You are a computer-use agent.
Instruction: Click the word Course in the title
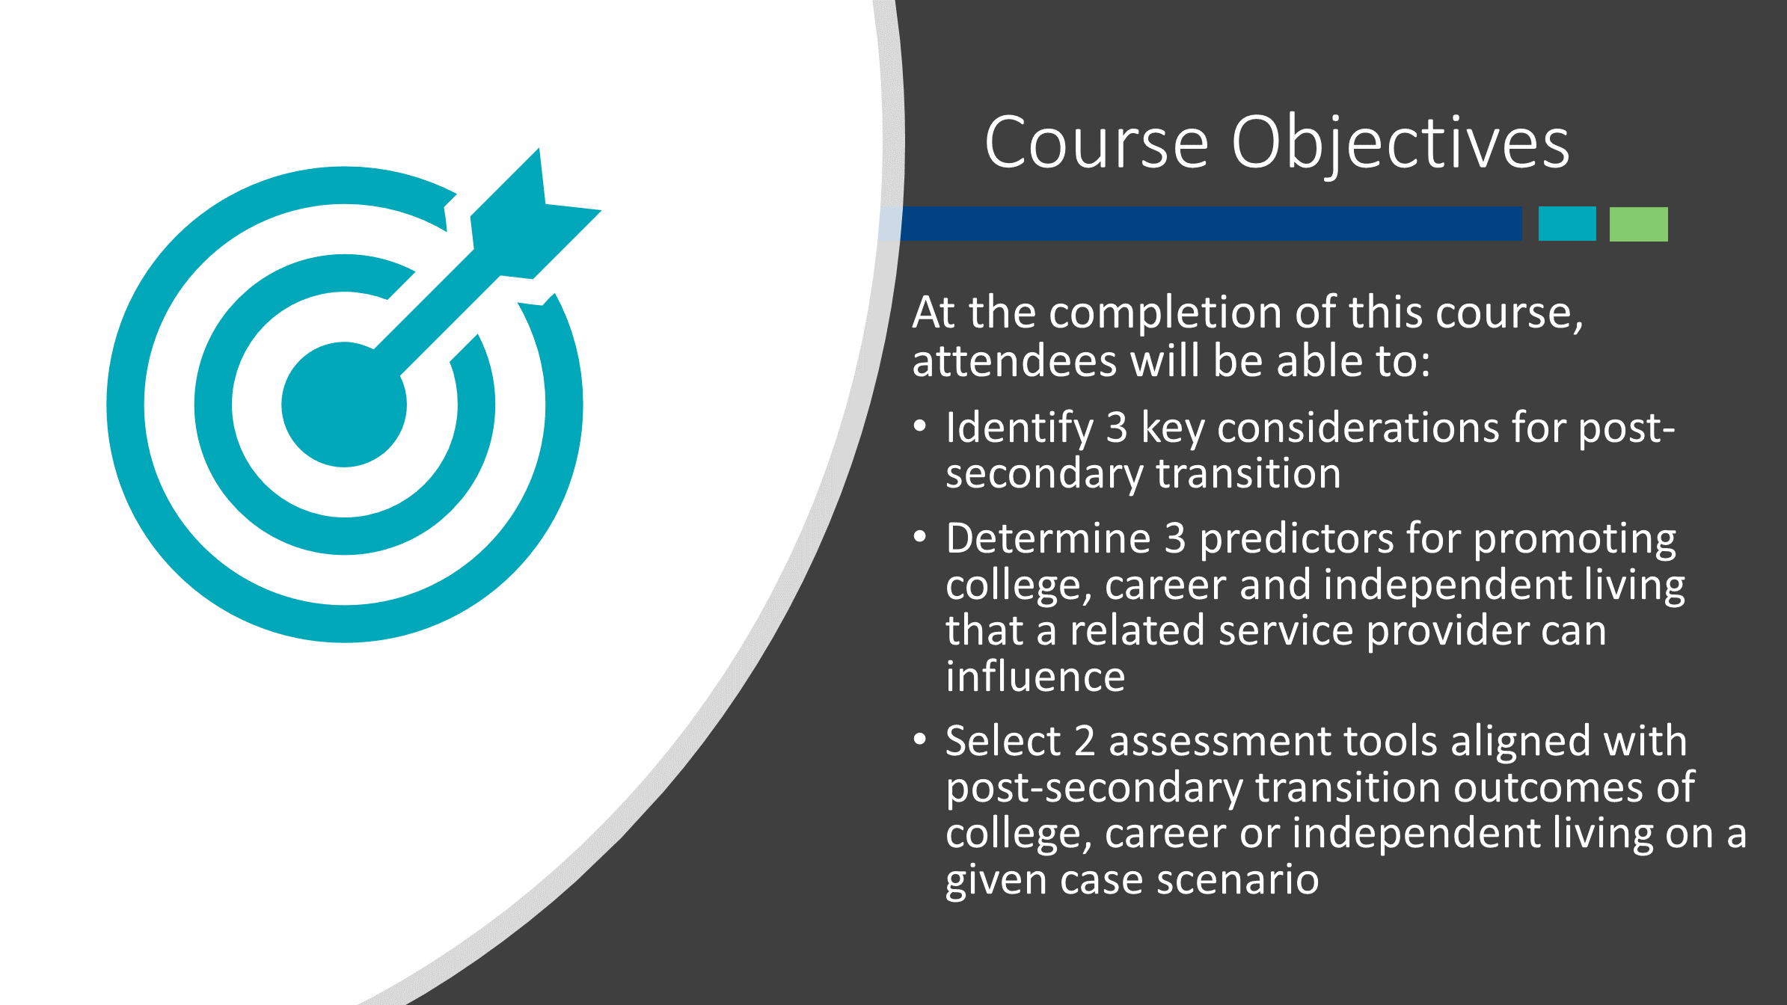pos(1097,142)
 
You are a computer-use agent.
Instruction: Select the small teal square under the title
pos(1567,224)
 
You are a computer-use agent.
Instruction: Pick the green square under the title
pos(1639,224)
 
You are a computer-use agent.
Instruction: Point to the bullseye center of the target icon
pos(344,405)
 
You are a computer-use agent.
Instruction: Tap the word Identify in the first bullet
pos(1020,429)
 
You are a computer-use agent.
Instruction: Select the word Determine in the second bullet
pos(1048,538)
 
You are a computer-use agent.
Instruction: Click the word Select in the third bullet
pos(1003,741)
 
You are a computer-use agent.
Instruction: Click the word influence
pos(1035,677)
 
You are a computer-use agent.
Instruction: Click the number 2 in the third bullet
pos(1085,742)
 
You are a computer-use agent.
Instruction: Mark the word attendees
pos(1014,362)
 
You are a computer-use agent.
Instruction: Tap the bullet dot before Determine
pos(920,537)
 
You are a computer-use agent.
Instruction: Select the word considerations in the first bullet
pos(1358,428)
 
